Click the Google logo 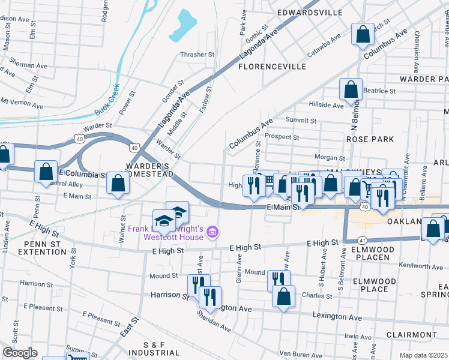click(20, 353)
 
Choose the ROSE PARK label click(370, 139)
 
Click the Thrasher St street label click(197, 55)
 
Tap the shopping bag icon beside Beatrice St click(351, 90)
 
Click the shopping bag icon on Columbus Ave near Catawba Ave click(363, 35)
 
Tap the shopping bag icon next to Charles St click(284, 296)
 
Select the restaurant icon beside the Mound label click(279, 280)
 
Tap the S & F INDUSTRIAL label click(155, 349)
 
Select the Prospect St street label click(282, 137)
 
